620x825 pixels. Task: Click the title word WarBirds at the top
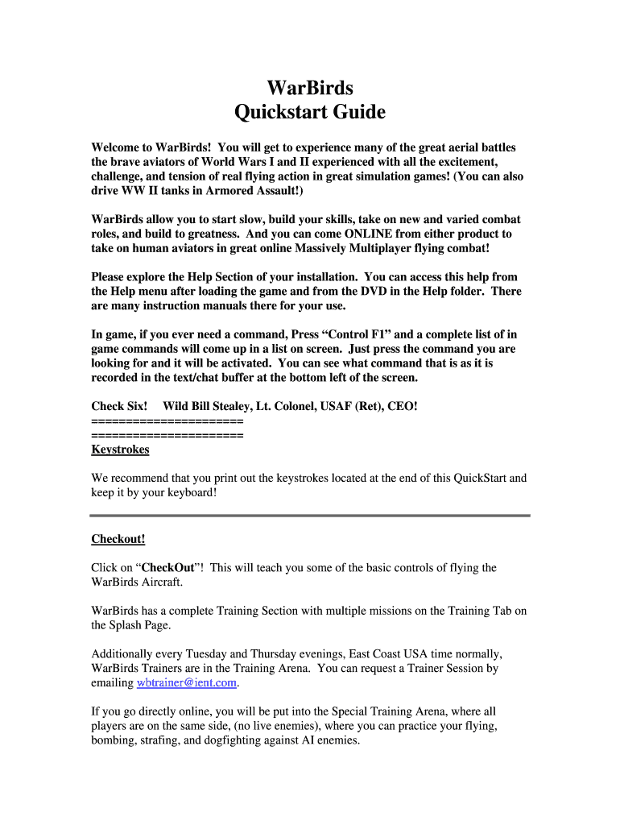[x=309, y=87]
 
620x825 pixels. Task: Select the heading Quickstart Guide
[x=309, y=113]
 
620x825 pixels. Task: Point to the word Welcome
[x=116, y=147]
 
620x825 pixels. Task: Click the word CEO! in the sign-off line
[x=403, y=406]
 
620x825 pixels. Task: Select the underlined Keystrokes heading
[x=120, y=449]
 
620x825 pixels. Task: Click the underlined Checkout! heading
[x=118, y=538]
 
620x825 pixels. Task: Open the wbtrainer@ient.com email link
[x=187, y=682]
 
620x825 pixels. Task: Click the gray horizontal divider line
[x=310, y=515]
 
